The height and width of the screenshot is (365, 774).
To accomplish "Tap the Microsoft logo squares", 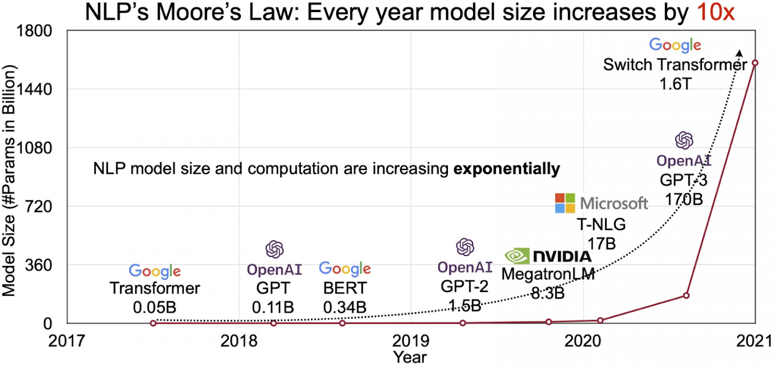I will coord(565,203).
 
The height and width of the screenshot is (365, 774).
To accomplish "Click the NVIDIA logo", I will coord(548,256).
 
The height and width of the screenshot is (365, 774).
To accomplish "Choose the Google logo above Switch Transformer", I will coord(675,45).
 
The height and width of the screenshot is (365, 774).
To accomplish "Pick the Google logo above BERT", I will coord(345,269).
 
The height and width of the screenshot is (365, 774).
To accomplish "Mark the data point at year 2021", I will coord(755,63).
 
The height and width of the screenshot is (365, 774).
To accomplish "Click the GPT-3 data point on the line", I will coord(686,296).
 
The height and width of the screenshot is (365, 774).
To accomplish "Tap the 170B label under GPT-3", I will coord(683,199).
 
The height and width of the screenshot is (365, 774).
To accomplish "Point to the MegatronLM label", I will coord(548,274).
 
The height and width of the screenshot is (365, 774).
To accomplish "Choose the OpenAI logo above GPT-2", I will coord(465,247).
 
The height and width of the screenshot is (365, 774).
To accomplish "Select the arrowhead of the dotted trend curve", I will coord(739,52).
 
